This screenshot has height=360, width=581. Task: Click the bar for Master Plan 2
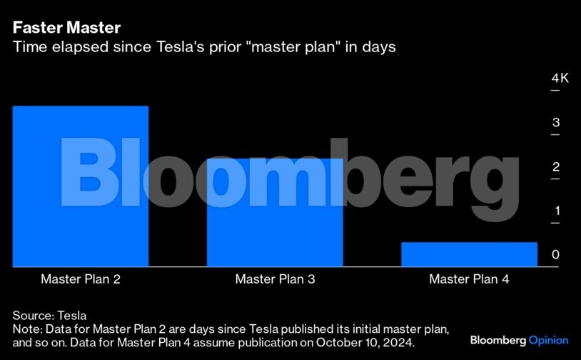(x=81, y=186)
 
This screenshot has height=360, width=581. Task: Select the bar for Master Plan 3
(x=275, y=212)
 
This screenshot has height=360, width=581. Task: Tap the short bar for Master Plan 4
(x=469, y=254)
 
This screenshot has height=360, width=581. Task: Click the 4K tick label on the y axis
(x=560, y=79)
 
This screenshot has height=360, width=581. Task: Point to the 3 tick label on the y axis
(x=556, y=122)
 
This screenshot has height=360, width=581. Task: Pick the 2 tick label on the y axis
(x=556, y=167)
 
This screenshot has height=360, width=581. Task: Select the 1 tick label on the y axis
(x=557, y=211)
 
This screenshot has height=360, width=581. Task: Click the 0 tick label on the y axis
(x=555, y=254)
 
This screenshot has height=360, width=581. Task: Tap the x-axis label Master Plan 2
(x=81, y=279)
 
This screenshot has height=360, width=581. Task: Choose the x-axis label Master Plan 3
(x=275, y=279)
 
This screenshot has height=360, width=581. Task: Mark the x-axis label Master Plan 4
(x=469, y=279)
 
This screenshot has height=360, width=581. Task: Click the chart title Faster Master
(x=66, y=27)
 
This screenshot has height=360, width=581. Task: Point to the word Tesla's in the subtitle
(x=181, y=47)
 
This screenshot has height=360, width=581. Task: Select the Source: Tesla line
(x=50, y=316)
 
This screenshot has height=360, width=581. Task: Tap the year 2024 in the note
(x=399, y=342)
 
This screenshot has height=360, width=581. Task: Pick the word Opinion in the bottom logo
(x=548, y=340)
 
